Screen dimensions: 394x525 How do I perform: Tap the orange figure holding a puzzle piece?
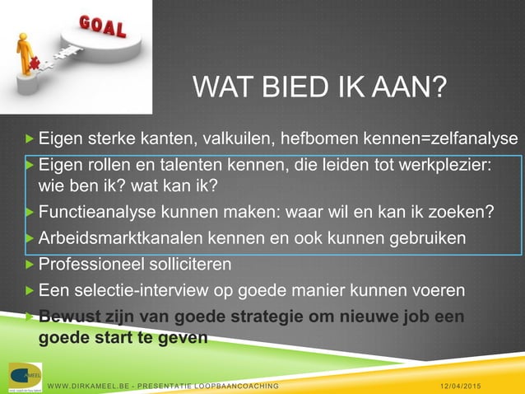tap(25, 56)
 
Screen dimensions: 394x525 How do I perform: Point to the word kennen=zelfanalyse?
tap(445, 137)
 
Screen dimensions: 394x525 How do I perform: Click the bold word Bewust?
tap(67, 317)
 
